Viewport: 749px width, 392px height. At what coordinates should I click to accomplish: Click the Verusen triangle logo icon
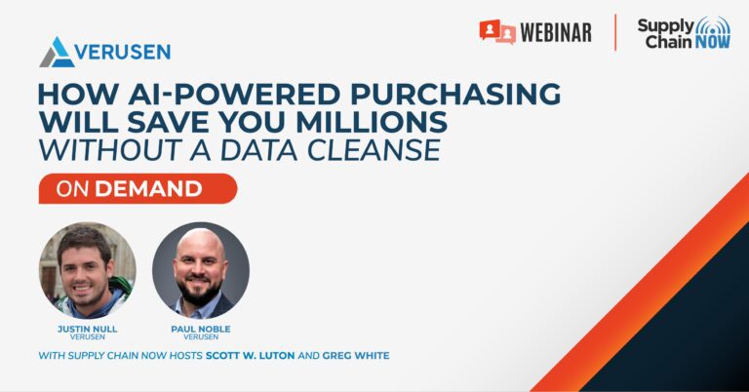[57, 52]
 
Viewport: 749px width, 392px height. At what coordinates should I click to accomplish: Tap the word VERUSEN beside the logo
[123, 52]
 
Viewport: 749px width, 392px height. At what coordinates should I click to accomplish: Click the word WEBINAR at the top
[556, 32]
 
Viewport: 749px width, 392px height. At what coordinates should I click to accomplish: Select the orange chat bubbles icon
[497, 31]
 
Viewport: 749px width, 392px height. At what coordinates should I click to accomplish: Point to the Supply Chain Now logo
[684, 32]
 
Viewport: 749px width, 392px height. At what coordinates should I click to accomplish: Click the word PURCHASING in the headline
[455, 94]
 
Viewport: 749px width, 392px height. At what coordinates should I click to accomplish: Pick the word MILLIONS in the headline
[372, 122]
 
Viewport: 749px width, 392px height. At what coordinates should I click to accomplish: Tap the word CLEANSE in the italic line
[374, 150]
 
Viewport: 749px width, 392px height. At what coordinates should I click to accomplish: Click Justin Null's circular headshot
[88, 270]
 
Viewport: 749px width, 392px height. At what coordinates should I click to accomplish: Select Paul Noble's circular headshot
[201, 270]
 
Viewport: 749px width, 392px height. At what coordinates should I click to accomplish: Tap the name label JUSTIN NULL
[88, 329]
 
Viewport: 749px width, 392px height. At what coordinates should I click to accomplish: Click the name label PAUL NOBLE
[201, 329]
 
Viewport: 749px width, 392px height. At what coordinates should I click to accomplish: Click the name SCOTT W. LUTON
[251, 356]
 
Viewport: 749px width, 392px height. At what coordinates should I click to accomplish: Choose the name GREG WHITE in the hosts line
[356, 356]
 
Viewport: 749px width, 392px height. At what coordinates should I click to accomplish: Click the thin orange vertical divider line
[615, 32]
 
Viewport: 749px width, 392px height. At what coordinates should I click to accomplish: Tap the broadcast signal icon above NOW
[713, 26]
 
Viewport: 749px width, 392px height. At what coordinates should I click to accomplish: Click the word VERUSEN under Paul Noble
[201, 337]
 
